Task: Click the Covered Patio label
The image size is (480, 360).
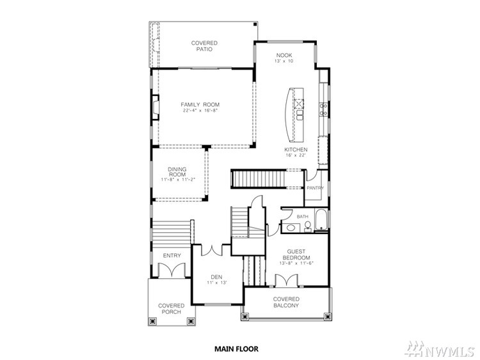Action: [x=204, y=46]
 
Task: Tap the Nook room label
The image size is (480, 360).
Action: [x=284, y=56]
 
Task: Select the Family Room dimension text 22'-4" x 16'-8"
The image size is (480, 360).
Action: [x=200, y=111]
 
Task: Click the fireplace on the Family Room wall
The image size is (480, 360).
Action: [x=156, y=107]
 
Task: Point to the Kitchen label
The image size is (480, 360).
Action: [x=296, y=150]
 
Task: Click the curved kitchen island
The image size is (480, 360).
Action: [x=294, y=114]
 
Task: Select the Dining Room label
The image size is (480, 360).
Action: [x=177, y=171]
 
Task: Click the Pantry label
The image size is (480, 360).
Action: [x=315, y=188]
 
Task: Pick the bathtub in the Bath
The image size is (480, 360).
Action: [x=321, y=219]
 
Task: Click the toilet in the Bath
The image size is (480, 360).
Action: [x=307, y=226]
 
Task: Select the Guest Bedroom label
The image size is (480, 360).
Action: [x=296, y=254]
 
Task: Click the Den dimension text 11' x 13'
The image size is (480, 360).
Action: [x=216, y=283]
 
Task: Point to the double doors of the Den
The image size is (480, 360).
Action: [x=211, y=250]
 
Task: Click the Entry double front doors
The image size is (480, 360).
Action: [x=172, y=270]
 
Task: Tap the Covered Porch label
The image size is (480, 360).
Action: [x=172, y=309]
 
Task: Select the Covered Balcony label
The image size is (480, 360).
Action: [x=286, y=302]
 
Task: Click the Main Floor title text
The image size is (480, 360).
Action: [x=236, y=348]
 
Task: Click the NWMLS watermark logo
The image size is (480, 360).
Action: [x=439, y=348]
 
